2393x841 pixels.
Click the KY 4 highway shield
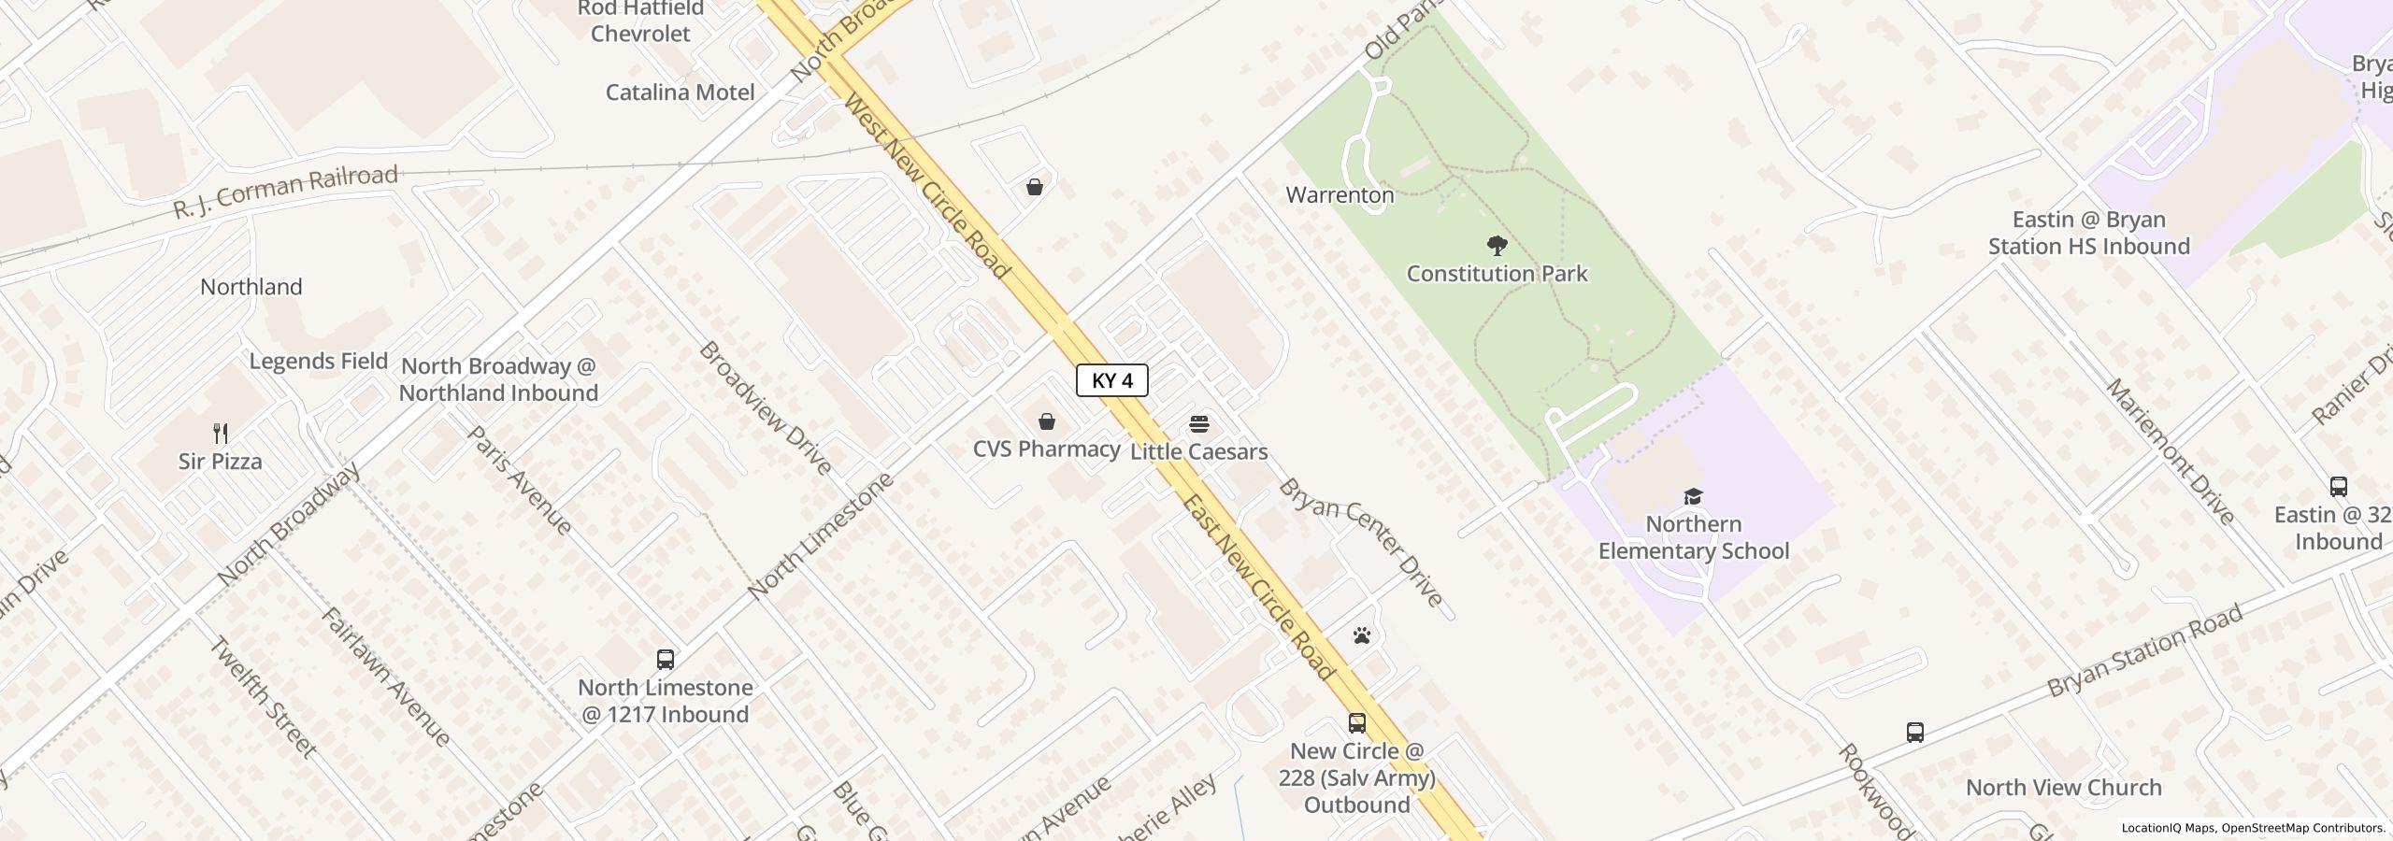[1111, 380]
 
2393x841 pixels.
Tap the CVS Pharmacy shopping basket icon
[1047, 422]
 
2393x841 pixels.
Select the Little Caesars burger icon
[1199, 425]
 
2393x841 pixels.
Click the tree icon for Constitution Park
[1497, 247]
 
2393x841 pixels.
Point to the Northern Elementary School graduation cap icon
[1693, 496]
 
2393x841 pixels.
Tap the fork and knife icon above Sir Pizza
[221, 434]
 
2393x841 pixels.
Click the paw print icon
[1362, 636]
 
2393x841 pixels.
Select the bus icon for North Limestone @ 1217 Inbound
[665, 660]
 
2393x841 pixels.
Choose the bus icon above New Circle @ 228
[1356, 723]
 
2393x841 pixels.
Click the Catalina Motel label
[680, 93]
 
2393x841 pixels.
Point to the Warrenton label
[1340, 195]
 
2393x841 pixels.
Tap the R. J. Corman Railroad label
[286, 192]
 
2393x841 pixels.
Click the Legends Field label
[318, 361]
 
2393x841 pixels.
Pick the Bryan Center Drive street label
[1361, 542]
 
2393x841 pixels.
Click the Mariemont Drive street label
[2170, 451]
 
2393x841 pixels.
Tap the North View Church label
[2063, 788]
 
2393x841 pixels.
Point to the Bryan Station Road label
[2144, 650]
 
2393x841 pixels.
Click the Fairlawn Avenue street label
[386, 677]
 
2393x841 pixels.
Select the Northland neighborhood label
[251, 287]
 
